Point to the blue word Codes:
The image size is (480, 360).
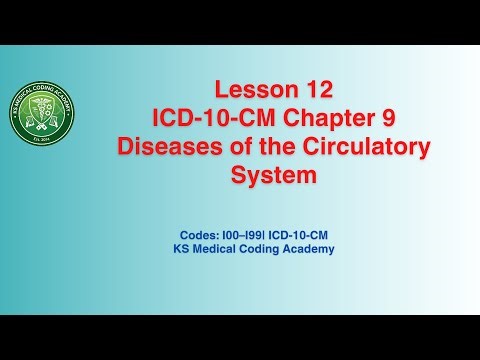coord(193,234)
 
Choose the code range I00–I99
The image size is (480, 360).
coord(236,234)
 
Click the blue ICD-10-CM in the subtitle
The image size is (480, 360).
coord(298,234)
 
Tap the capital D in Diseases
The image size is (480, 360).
coord(125,147)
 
